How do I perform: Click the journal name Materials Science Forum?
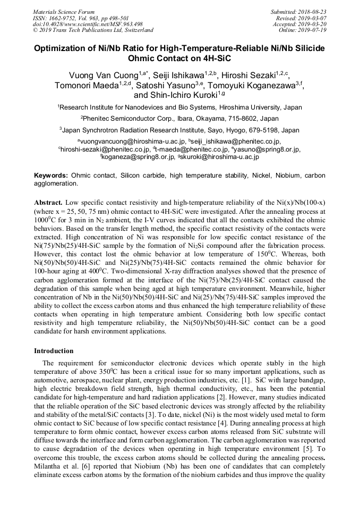[64, 12]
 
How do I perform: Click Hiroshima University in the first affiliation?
[253, 107]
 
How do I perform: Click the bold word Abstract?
[48, 203]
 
